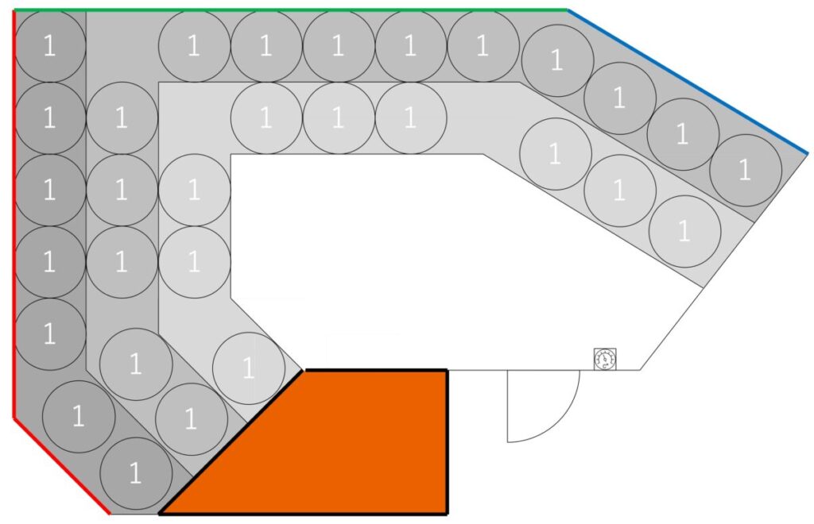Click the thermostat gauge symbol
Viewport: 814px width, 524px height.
pos(605,359)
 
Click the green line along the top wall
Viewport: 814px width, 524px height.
pos(291,10)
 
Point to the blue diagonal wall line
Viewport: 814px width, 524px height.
pos(688,81)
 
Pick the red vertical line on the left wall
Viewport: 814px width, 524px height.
pos(14,214)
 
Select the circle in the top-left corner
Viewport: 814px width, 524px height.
pos(50,46)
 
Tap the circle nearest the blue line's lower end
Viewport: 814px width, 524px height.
pos(746,171)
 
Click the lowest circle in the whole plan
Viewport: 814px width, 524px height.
pos(135,474)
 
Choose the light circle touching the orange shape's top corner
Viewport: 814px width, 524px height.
pos(249,368)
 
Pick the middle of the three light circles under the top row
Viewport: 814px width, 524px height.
pos(339,118)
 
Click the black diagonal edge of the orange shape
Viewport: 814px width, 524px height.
pos(231,442)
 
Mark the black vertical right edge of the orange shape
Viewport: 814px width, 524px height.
pos(447,442)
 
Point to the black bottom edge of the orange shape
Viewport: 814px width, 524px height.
pos(303,513)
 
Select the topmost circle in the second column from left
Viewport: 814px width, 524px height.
pos(122,118)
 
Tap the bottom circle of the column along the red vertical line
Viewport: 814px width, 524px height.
pos(50,334)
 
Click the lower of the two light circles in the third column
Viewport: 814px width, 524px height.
pos(194,262)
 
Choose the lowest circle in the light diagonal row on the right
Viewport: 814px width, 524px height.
pos(684,231)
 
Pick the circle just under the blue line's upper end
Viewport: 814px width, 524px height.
pos(557,60)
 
